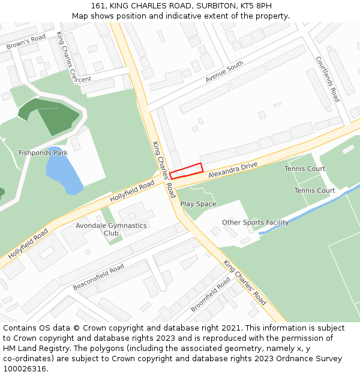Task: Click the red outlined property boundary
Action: tap(186, 171)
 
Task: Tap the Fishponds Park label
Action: tap(43, 153)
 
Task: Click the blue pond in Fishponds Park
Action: tap(64, 171)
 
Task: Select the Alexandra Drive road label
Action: tap(233, 170)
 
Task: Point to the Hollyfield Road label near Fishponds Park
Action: tap(132, 193)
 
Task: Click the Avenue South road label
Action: tap(224, 71)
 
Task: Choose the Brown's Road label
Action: tap(26, 42)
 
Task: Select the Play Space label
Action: tap(198, 204)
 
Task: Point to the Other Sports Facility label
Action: tap(255, 223)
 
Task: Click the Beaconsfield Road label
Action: tap(98, 277)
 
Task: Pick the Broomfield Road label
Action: tap(210, 294)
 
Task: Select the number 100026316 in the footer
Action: tap(25, 369)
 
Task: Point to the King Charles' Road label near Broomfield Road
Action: tap(245, 282)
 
